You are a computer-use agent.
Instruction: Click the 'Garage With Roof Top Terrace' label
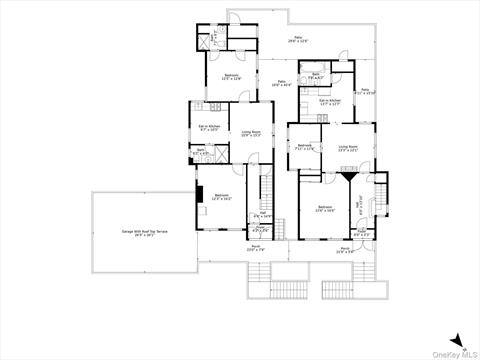point(145,232)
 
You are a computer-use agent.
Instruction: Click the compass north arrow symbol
point(456,339)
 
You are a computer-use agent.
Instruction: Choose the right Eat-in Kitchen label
point(331,101)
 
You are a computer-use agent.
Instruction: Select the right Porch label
point(346,251)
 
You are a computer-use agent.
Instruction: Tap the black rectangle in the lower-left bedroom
point(199,193)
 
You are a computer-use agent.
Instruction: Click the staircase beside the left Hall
point(265,186)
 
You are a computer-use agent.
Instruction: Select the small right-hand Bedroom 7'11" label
point(305,148)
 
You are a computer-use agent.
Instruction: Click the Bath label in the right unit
point(315,76)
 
